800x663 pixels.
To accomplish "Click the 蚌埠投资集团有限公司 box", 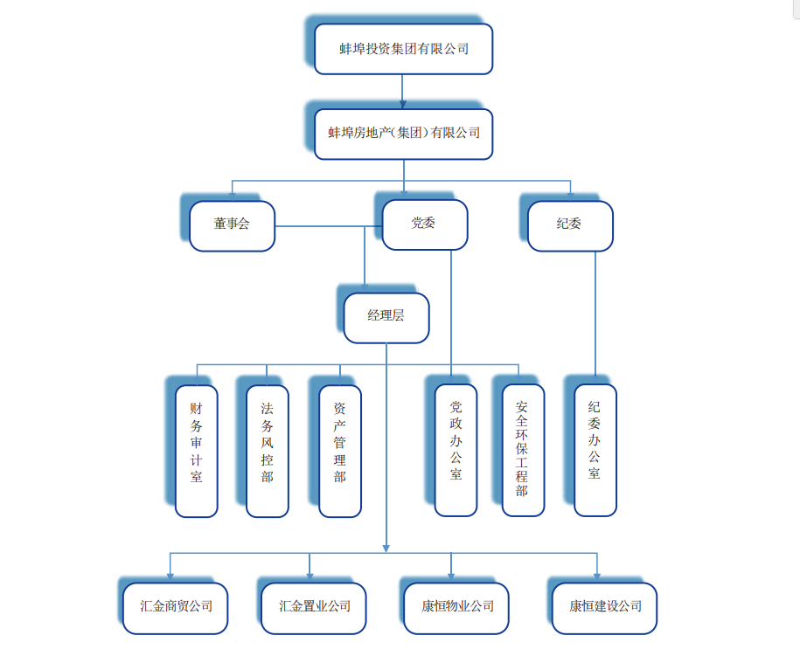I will click(404, 49).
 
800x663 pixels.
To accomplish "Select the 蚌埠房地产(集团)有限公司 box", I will click(404, 134).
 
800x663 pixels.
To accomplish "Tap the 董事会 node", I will click(232, 225).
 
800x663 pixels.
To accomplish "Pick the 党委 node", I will click(425, 224).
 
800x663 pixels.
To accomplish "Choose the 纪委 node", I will click(570, 225).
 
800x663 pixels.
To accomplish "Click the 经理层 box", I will click(386, 317).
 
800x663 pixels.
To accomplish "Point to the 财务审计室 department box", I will click(196, 450).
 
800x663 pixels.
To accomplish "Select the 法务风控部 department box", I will click(268, 451).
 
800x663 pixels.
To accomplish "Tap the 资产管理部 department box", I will click(340, 451).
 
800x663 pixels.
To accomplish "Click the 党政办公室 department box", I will click(456, 450).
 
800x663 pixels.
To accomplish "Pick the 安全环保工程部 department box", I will click(523, 450).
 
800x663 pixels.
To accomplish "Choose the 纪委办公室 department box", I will click(595, 450).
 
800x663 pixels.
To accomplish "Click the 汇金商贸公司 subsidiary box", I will click(176, 607).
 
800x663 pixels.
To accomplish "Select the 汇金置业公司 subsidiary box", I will click(314, 607).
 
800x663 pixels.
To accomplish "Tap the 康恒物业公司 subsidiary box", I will click(456, 607).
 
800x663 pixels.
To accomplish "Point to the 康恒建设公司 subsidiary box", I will click(604, 607).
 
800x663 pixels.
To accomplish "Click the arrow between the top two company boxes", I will click(402, 92).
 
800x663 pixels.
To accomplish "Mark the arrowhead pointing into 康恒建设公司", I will click(597, 576).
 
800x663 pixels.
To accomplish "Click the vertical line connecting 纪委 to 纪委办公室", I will click(595, 314).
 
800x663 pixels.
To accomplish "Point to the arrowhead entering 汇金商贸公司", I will click(170, 576).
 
